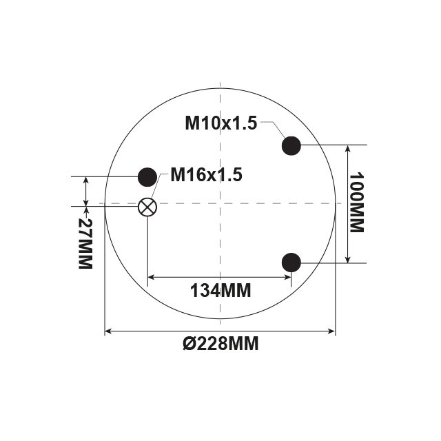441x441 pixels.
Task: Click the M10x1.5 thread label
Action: (x=221, y=123)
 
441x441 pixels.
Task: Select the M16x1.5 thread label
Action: (x=207, y=174)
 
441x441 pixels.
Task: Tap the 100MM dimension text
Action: (x=357, y=203)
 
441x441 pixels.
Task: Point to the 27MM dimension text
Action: (x=85, y=243)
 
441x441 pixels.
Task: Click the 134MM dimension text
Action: (x=220, y=290)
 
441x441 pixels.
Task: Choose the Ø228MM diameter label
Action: (x=220, y=343)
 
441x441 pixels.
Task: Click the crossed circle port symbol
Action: (x=147, y=207)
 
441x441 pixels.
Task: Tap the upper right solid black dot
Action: (x=291, y=145)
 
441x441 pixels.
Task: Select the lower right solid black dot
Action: (x=291, y=263)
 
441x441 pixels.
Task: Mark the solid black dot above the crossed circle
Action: (x=147, y=177)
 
